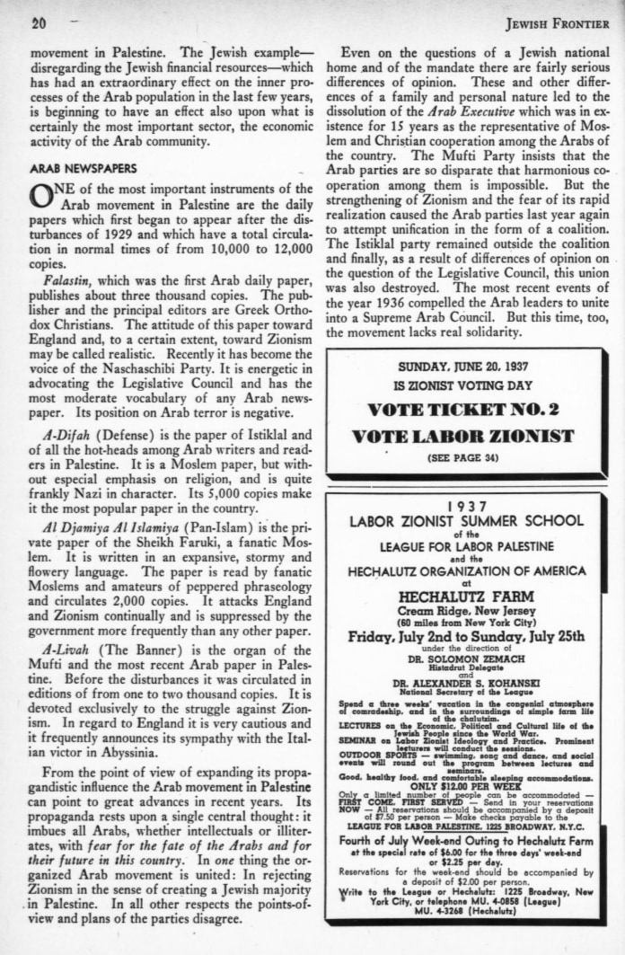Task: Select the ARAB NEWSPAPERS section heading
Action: point(83,168)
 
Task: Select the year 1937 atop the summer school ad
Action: point(465,506)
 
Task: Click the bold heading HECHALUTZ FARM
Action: point(465,596)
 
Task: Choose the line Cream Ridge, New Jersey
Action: point(465,611)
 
